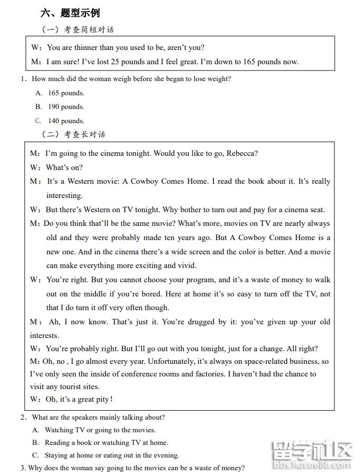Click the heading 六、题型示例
pyautogui.click(x=70, y=13)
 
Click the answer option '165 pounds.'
pyautogui.click(x=66, y=93)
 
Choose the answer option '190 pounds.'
pyautogui.click(x=66, y=107)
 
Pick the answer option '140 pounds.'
pyautogui.click(x=66, y=121)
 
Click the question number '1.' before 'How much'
pyautogui.click(x=24, y=79)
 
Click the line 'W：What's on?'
pyautogui.click(x=56, y=167)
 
